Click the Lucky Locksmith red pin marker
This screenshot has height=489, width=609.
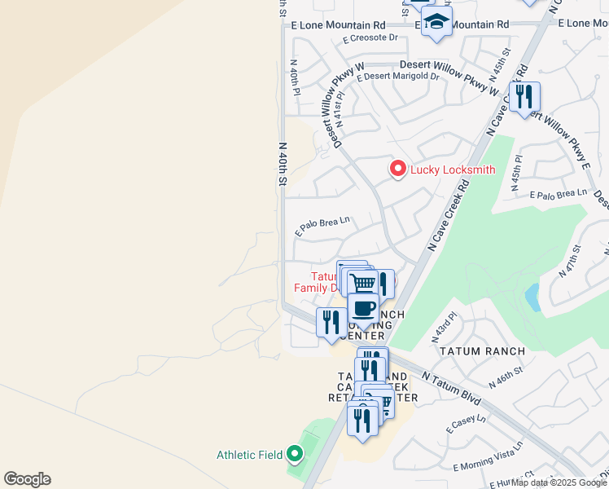pyautogui.click(x=398, y=169)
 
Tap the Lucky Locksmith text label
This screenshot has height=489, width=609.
pyautogui.click(x=453, y=170)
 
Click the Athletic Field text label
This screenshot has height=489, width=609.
pyautogui.click(x=248, y=455)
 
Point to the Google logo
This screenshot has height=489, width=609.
pyautogui.click(x=27, y=479)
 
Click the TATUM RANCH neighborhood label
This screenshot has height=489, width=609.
pyautogui.click(x=472, y=351)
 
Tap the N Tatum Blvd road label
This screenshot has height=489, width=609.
pyautogui.click(x=452, y=388)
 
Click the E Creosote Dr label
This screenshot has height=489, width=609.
pyautogui.click(x=370, y=37)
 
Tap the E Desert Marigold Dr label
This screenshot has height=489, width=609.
pyautogui.click(x=398, y=77)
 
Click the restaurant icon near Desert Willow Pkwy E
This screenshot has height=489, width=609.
pyautogui.click(x=524, y=98)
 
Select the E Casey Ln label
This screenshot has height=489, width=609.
pyautogui.click(x=466, y=424)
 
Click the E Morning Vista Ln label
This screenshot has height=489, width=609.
pyautogui.click(x=487, y=461)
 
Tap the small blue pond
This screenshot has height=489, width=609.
pyautogui.click(x=532, y=297)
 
